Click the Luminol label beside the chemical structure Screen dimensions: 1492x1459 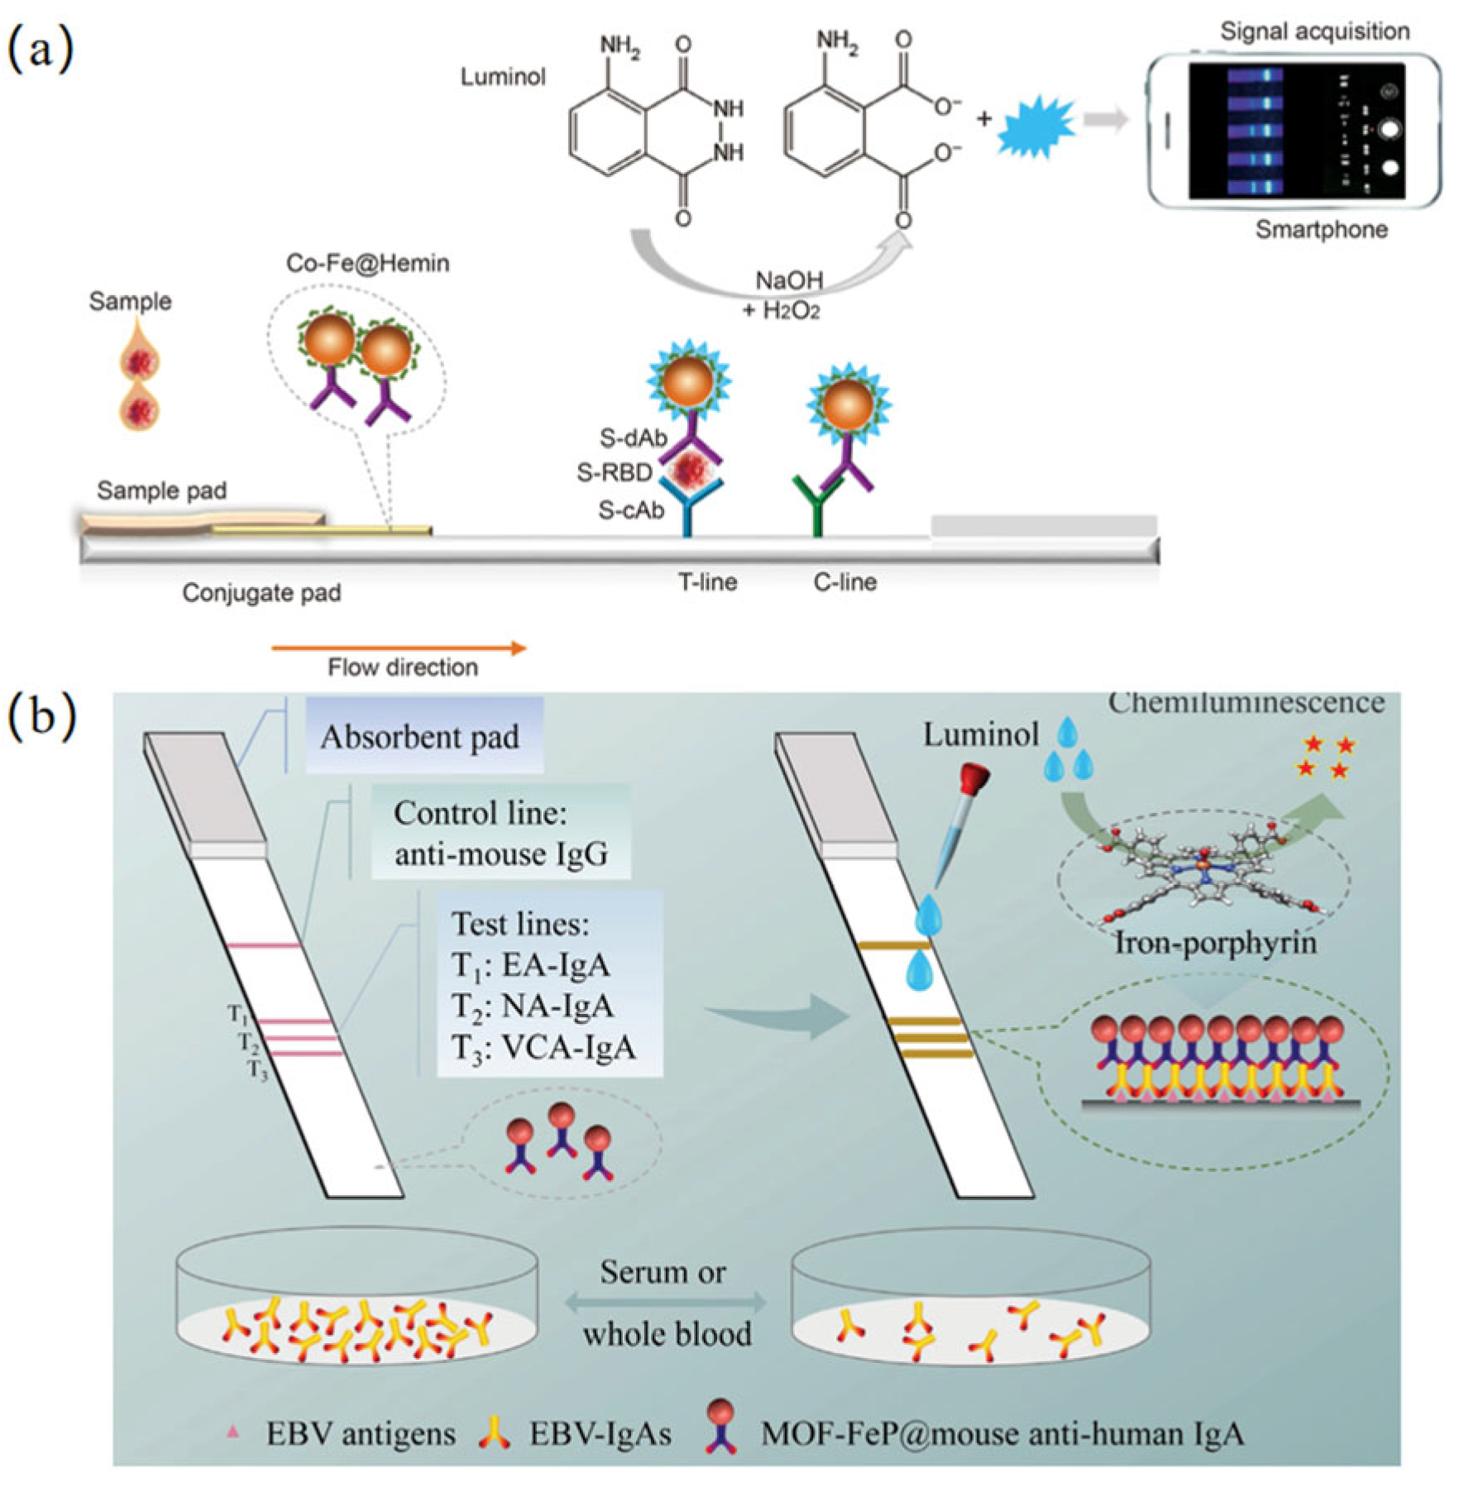tap(503, 77)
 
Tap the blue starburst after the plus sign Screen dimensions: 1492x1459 tap(1036, 126)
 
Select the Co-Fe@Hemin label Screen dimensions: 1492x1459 tap(367, 263)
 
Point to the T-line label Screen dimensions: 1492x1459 tap(707, 581)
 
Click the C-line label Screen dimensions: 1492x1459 tap(844, 581)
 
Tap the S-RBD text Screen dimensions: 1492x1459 tap(615, 472)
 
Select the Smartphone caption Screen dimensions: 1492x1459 tap(1321, 229)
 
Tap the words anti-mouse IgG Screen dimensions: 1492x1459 tap(501, 853)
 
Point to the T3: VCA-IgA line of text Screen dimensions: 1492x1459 tap(543, 1048)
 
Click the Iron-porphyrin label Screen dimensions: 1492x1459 tap(1215, 942)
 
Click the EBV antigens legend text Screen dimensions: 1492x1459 tap(361, 1433)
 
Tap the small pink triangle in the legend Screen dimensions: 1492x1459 tap(233, 1431)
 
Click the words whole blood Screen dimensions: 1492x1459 tap(667, 1334)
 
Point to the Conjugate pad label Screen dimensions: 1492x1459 tap(261, 592)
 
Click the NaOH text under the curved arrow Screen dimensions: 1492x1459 tap(789, 280)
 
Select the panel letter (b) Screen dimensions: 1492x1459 tap(41, 716)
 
